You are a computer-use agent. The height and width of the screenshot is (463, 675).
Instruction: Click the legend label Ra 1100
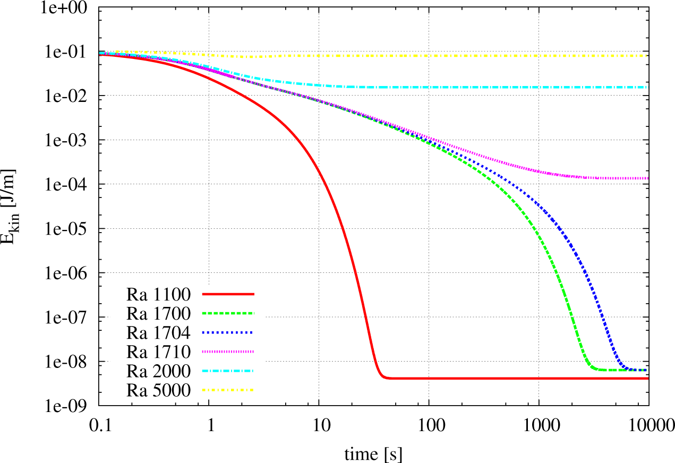pyautogui.click(x=159, y=293)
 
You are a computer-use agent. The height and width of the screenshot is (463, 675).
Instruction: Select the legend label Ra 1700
pyautogui.click(x=159, y=313)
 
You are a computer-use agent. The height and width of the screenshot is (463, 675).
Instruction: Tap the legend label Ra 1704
pyautogui.click(x=159, y=332)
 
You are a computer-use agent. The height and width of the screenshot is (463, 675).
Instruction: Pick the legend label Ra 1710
pyautogui.click(x=159, y=351)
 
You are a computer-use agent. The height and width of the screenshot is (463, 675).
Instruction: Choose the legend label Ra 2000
pyautogui.click(x=159, y=371)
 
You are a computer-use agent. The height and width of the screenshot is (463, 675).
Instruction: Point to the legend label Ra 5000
pyautogui.click(x=159, y=391)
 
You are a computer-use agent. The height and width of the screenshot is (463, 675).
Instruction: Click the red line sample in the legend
pyautogui.click(x=228, y=293)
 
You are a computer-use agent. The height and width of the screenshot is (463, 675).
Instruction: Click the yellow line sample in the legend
pyautogui.click(x=228, y=391)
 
